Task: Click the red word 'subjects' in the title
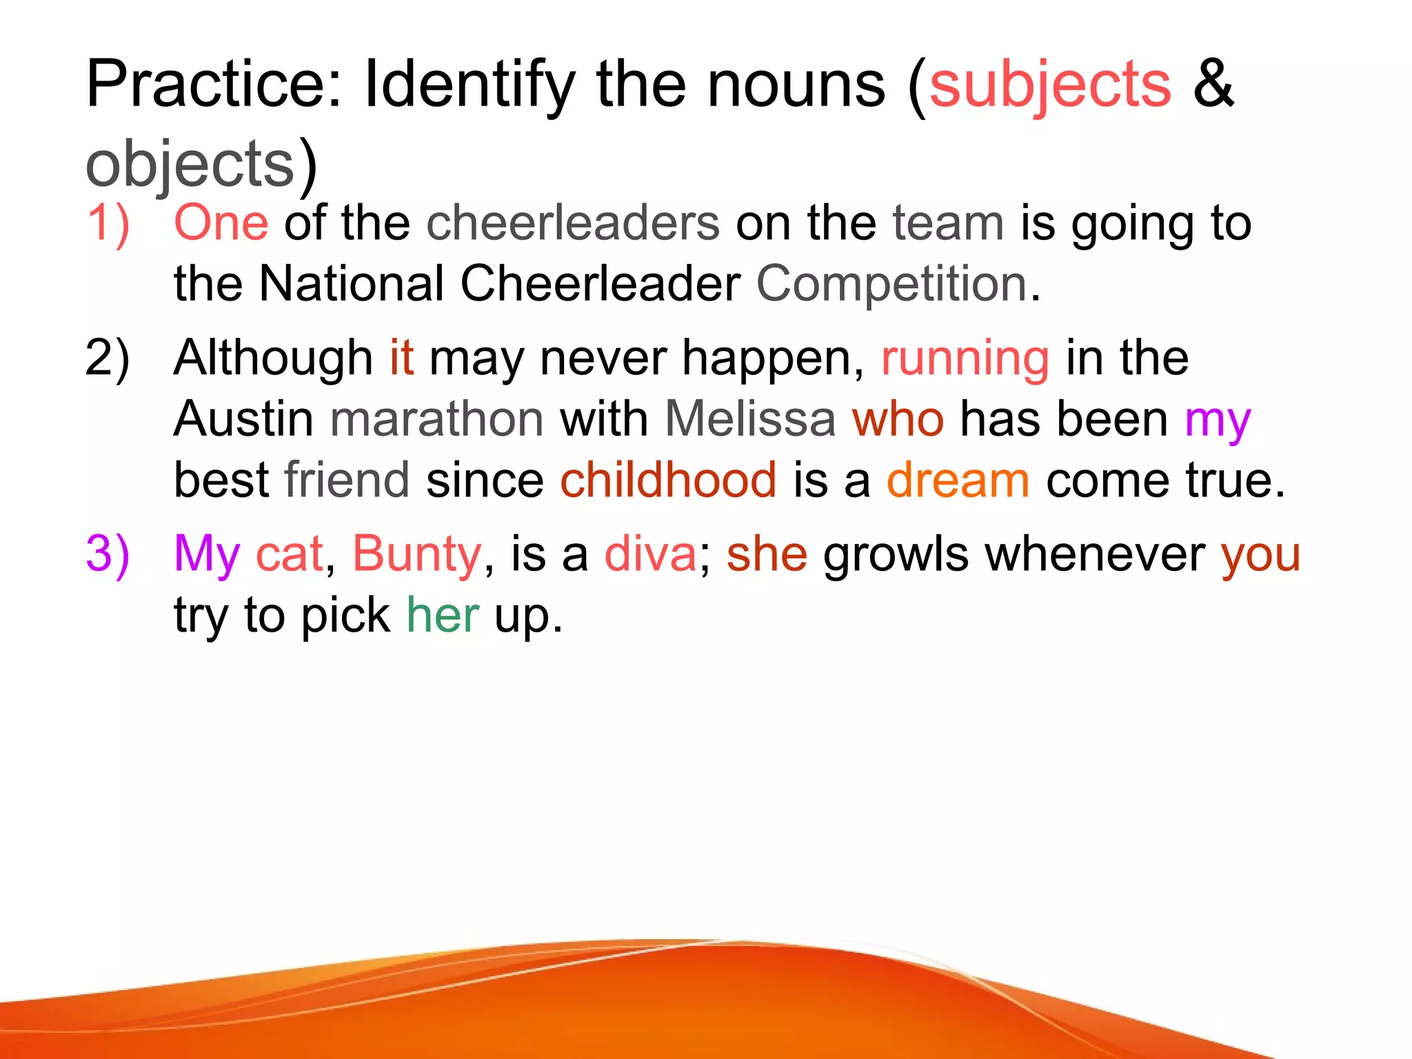pyautogui.click(x=1050, y=85)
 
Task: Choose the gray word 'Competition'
pyautogui.click(x=892, y=283)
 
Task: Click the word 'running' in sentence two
pyautogui.click(x=965, y=359)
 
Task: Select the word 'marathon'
pyautogui.click(x=437, y=419)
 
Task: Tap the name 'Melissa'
pyautogui.click(x=750, y=419)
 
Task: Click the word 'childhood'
pyautogui.click(x=668, y=480)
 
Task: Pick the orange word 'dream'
pyautogui.click(x=958, y=480)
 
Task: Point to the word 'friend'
pyautogui.click(x=347, y=480)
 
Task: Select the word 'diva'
pyautogui.click(x=651, y=554)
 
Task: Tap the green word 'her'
pyautogui.click(x=443, y=615)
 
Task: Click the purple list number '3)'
pyautogui.click(x=108, y=554)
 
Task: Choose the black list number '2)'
pyautogui.click(x=108, y=359)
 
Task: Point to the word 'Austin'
pyautogui.click(x=243, y=419)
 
